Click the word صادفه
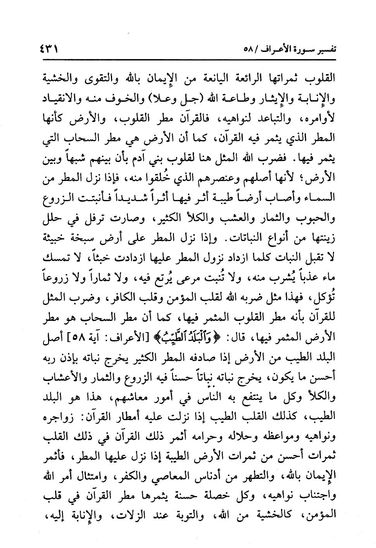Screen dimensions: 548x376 point(204,354)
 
